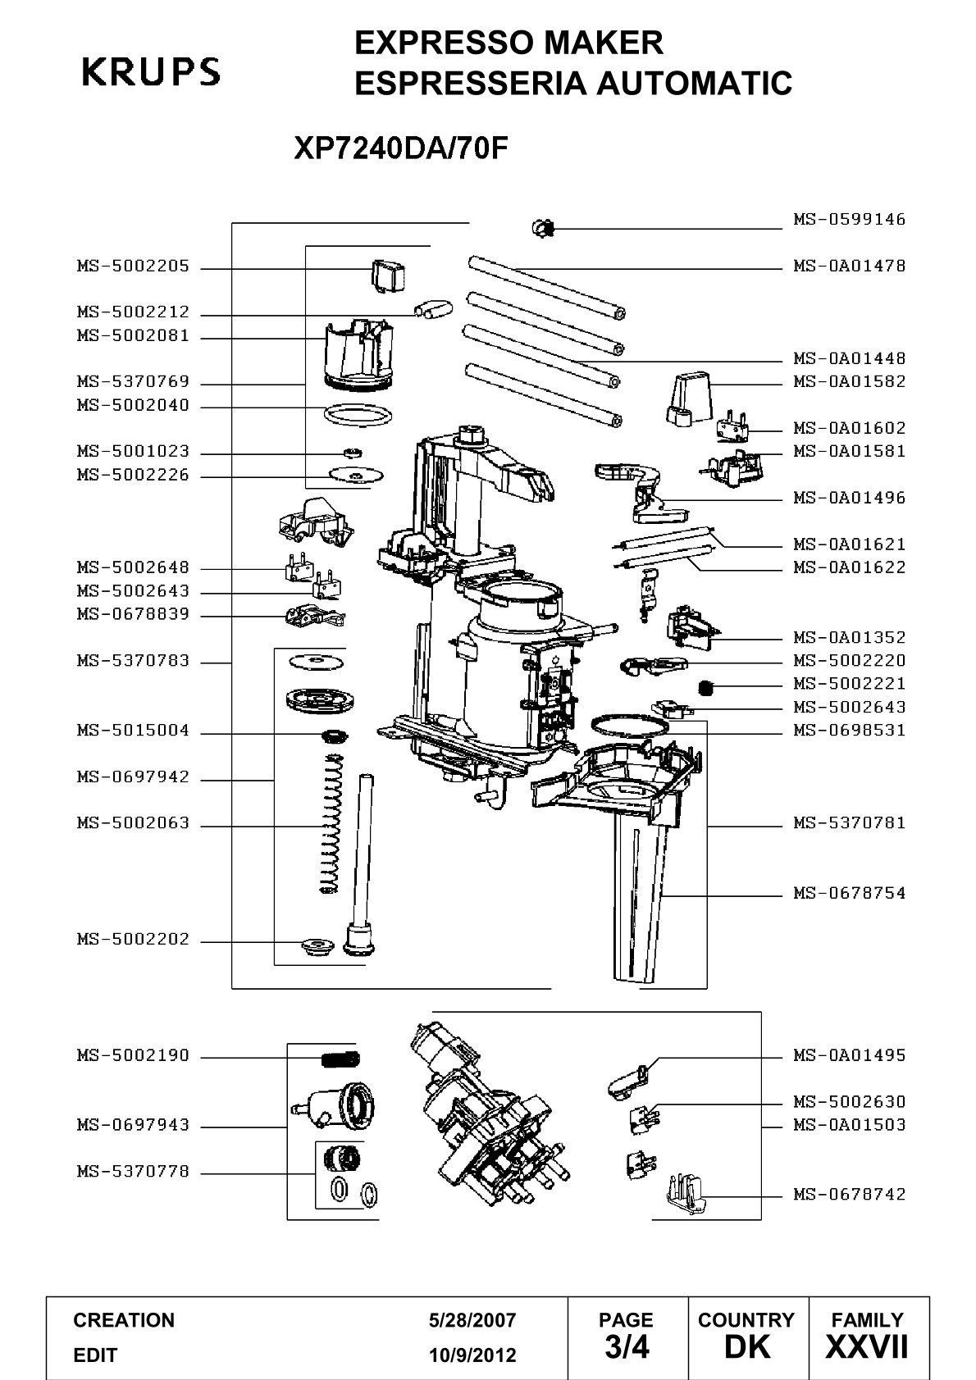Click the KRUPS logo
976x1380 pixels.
click(151, 71)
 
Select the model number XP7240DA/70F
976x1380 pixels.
click(401, 148)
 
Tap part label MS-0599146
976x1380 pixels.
click(849, 219)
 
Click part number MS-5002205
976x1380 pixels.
click(133, 266)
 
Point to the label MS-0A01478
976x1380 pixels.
click(849, 266)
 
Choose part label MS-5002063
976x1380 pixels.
click(133, 823)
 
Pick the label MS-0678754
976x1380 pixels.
click(849, 893)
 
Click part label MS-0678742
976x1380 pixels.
click(849, 1194)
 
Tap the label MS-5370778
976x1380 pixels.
click(133, 1171)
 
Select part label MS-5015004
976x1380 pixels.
click(133, 731)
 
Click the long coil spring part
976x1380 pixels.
click(331, 824)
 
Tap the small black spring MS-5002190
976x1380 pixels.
click(340, 1059)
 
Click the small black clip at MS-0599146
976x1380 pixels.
click(544, 229)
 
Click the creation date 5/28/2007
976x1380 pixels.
click(472, 1320)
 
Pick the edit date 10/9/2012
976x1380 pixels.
click(472, 1355)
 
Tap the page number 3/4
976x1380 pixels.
click(627, 1347)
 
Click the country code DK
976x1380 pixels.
click(747, 1347)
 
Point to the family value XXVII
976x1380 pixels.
click(867, 1347)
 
